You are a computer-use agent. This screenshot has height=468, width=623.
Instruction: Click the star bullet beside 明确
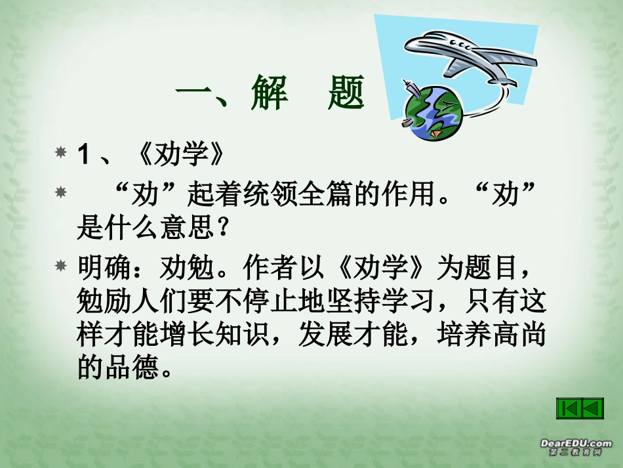click(x=61, y=266)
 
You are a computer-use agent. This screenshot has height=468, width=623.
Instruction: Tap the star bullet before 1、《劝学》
click(x=61, y=153)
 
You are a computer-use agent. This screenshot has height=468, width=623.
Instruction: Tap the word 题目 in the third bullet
click(x=491, y=268)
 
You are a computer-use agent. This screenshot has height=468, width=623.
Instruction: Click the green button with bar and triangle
click(x=571, y=408)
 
